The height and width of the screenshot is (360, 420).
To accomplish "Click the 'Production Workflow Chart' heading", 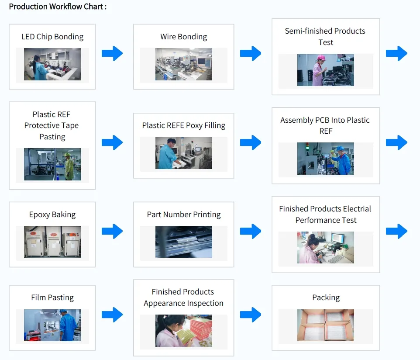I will [58, 7].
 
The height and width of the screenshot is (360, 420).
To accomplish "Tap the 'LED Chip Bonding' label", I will [52, 37].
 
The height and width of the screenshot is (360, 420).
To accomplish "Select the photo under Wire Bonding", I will [183, 64].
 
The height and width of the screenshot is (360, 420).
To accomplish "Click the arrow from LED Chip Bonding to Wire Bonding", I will [112, 53].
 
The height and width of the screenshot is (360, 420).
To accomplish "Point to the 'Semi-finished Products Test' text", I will [325, 37].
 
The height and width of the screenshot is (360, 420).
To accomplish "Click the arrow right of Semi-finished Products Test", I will [396, 53].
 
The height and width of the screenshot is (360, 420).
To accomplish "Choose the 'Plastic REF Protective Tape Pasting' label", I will [52, 125].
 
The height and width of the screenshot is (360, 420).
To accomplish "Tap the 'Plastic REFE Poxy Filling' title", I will [183, 125].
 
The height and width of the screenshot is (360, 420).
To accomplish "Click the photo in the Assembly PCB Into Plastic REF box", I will [325, 159].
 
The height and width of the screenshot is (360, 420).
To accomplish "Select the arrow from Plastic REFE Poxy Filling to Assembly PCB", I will [250, 142].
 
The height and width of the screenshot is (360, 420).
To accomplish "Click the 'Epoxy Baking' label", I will [52, 215].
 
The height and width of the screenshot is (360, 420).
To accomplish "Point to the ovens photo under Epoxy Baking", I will [52, 242].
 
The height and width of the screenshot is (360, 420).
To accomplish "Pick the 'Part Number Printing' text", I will [183, 215].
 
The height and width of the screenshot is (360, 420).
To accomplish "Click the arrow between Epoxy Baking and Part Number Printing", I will [112, 231].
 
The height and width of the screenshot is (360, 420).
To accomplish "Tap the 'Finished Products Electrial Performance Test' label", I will [325, 215].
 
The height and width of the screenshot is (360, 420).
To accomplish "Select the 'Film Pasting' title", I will [52, 298].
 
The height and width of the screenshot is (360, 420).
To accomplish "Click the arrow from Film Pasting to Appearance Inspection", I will [112, 314].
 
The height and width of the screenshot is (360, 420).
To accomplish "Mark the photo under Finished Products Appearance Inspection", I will [183, 331].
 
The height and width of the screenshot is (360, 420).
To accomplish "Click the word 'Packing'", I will [326, 298].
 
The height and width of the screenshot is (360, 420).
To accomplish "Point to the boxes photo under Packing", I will [325, 325].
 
